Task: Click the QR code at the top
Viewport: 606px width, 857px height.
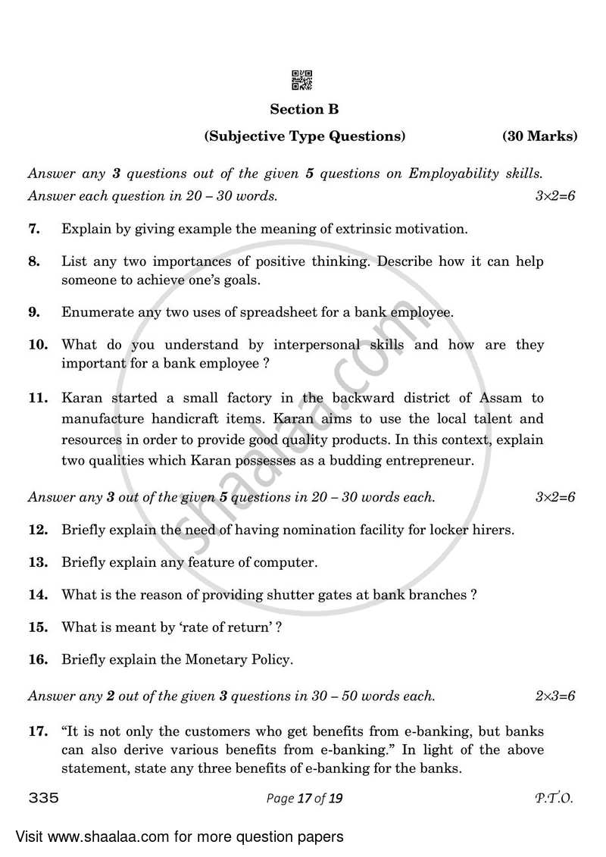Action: coord(302,80)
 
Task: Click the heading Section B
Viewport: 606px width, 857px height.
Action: coord(304,109)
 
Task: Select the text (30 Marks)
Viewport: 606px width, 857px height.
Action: coord(539,136)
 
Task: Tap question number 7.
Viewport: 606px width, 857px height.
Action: coord(34,228)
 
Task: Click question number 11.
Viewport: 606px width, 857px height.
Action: coord(38,398)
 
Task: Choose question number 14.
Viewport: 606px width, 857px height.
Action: coord(38,595)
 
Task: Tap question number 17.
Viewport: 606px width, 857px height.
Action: coord(38,732)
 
